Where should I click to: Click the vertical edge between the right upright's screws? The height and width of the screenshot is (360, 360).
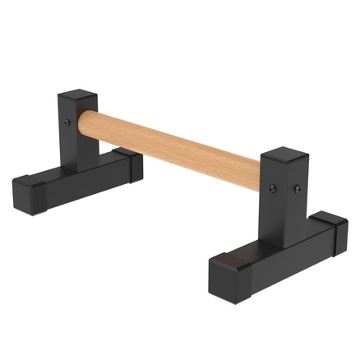pyautogui.click(x=286, y=193)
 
